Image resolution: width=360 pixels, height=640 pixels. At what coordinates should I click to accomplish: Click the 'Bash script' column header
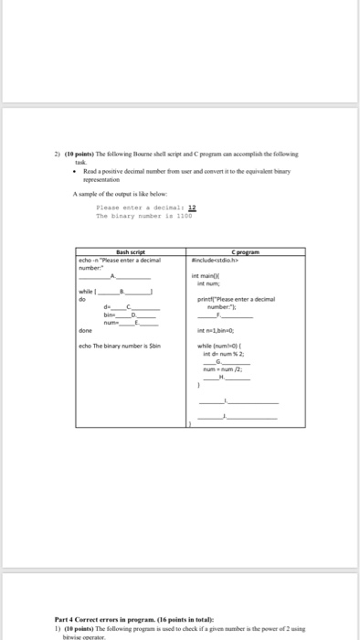[x=132, y=227]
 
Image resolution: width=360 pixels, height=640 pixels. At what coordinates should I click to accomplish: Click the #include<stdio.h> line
[x=217, y=235]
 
